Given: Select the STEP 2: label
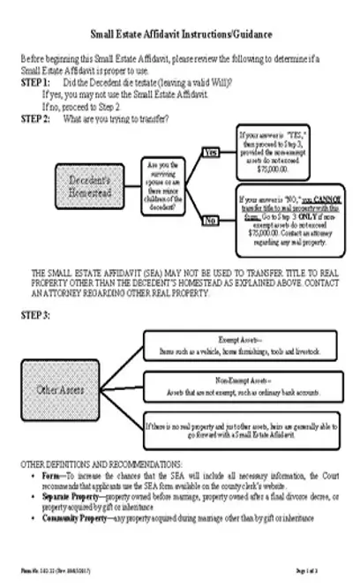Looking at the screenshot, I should pyautogui.click(x=35, y=117).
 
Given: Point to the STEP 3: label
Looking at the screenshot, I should pyautogui.click(x=35, y=314).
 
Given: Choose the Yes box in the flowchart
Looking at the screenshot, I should pyautogui.click(x=211, y=153).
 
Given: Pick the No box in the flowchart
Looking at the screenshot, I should pyautogui.click(x=211, y=219).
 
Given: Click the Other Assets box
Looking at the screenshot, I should pyautogui.click(x=59, y=388).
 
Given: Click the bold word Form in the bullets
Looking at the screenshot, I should pyautogui.click(x=49, y=476).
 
